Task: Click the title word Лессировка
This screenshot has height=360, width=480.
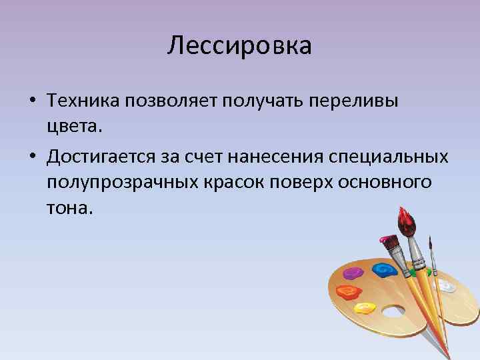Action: click(x=239, y=46)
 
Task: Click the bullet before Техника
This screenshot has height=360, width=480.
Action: click(x=32, y=101)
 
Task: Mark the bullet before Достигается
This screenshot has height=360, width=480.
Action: click(x=32, y=157)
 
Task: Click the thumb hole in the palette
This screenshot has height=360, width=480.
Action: click(x=393, y=311)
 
